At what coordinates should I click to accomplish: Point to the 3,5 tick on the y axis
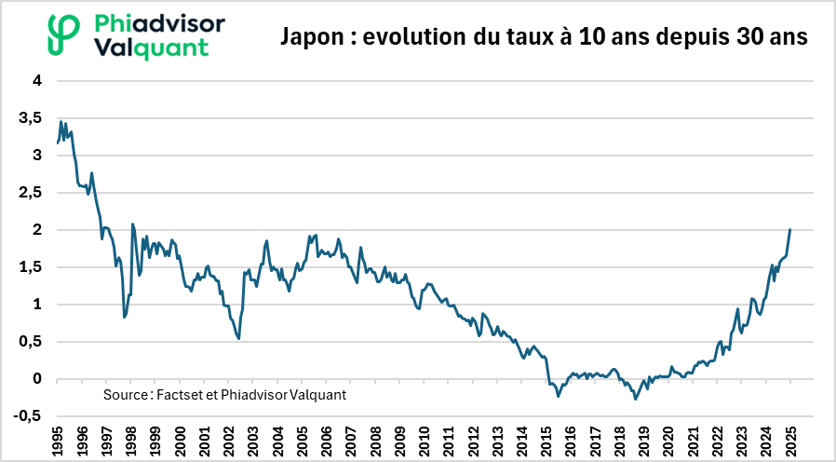pyautogui.click(x=31, y=118)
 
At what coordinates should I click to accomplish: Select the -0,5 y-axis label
pyautogui.click(x=28, y=416)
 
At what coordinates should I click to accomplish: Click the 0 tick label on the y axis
pyautogui.click(x=38, y=379)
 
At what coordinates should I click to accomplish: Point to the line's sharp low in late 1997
pyautogui.click(x=125, y=318)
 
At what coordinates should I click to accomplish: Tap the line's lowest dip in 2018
pyautogui.click(x=636, y=399)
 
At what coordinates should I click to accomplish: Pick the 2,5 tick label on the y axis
pyautogui.click(x=31, y=193)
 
